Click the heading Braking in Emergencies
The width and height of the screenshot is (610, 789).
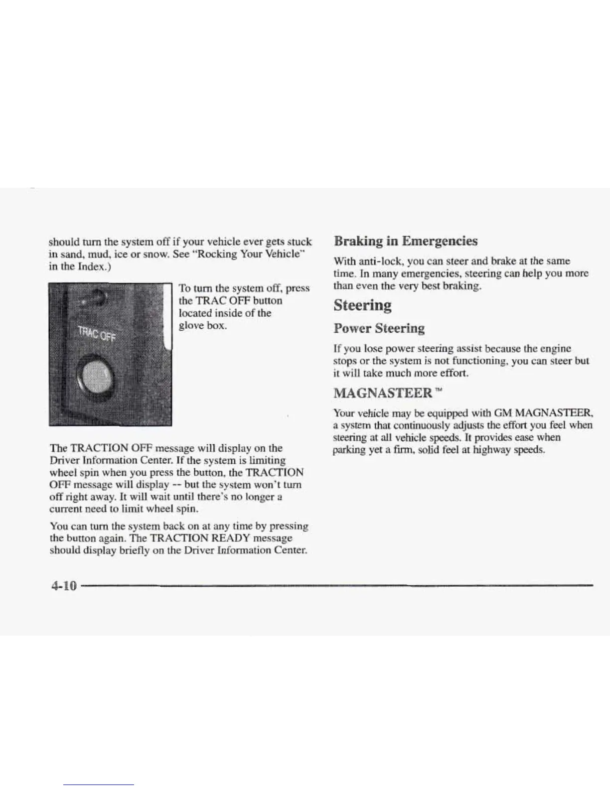point(406,241)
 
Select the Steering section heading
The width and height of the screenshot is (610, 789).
point(362,305)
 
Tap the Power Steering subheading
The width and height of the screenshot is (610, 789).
point(379,328)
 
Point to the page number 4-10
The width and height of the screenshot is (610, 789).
point(64,585)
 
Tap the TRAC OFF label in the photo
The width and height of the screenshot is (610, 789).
point(95,334)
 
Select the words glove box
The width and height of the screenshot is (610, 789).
point(203,326)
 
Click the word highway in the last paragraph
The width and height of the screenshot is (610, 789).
point(491,450)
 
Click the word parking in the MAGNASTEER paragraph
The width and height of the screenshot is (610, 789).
point(347,450)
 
